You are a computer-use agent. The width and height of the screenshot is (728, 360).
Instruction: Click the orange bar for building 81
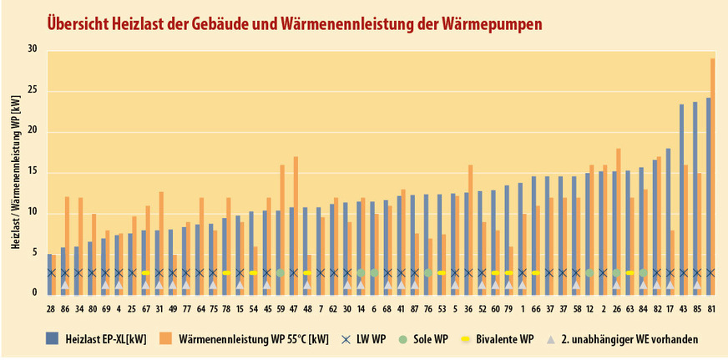click(712, 175)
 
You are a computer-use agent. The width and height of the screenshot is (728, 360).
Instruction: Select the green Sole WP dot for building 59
click(281, 273)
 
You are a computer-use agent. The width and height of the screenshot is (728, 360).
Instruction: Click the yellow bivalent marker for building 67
click(146, 273)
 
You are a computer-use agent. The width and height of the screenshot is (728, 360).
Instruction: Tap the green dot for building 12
click(589, 273)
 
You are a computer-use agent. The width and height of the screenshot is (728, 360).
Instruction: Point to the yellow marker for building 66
click(535, 273)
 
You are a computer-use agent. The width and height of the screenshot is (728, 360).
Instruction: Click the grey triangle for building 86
click(65, 285)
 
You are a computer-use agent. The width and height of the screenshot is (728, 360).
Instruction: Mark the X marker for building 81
click(710, 273)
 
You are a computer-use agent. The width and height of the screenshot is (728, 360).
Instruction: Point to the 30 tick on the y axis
click(33, 49)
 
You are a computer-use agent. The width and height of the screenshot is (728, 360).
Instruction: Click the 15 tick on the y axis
click(33, 172)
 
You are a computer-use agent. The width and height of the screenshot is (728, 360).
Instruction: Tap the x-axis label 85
click(696, 309)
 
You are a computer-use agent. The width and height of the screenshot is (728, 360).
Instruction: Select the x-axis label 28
click(51, 309)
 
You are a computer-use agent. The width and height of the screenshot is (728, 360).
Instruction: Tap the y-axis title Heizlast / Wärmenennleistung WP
click(16, 172)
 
